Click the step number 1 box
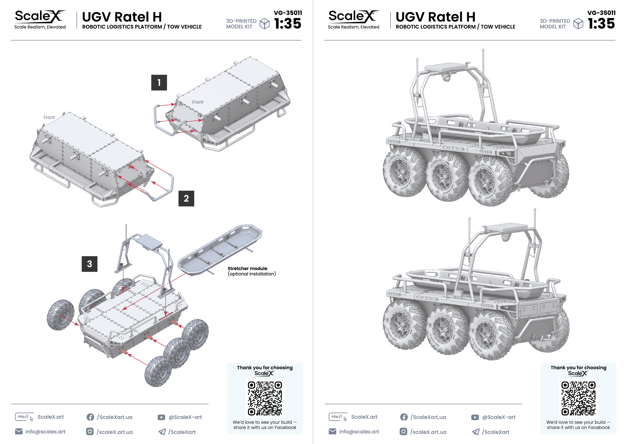coord(159,83)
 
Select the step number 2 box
coord(186,198)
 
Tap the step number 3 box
coord(89,264)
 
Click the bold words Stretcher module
coord(247,268)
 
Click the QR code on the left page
coord(265,398)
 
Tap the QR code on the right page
coord(578,398)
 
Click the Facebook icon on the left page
coord(90,417)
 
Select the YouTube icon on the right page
coord(475,417)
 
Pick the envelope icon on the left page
coord(19,431)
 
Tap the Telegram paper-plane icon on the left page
coord(162,432)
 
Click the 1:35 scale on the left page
coord(288,24)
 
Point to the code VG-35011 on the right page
coord(601,13)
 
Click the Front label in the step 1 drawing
coord(197,102)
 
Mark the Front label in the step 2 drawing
coord(49,117)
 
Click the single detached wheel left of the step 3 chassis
coord(60,315)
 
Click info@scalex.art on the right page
coord(359,431)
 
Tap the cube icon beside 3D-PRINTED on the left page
coord(264,24)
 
